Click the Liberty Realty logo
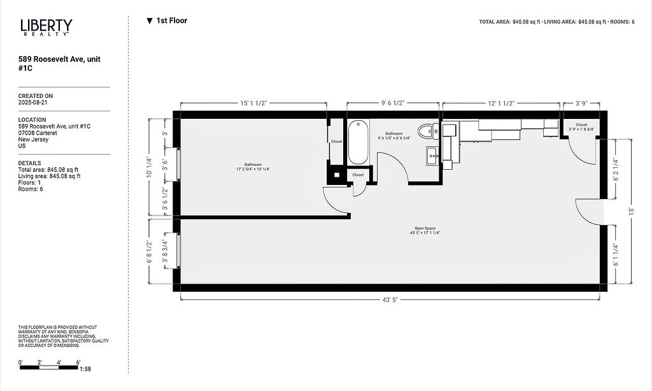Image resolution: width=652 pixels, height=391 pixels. [46, 27]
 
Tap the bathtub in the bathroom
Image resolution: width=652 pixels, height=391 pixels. [358, 142]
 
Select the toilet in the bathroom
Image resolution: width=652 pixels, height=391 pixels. [429, 131]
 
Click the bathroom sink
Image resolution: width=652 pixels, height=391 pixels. [432, 156]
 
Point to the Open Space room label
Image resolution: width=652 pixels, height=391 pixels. [425, 230]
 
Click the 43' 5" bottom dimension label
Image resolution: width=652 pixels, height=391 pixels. [390, 299]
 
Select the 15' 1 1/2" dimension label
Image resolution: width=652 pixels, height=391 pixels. [253, 103]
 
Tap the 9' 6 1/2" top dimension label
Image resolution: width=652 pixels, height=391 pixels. [393, 103]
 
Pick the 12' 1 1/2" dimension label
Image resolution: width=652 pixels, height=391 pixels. [501, 103]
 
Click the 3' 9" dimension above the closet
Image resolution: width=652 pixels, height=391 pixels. [581, 103]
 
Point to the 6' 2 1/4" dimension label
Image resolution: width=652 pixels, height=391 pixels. [616, 170]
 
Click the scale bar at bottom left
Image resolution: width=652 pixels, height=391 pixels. [49, 367]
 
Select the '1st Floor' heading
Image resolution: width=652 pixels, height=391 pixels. [167, 21]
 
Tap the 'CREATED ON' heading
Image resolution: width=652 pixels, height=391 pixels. [36, 96]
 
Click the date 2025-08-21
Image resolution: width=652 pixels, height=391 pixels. [32, 102]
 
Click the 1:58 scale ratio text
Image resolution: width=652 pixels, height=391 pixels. [85, 369]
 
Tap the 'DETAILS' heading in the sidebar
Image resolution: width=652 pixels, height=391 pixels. [29, 163]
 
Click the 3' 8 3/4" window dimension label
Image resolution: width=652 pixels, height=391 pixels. [165, 252]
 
